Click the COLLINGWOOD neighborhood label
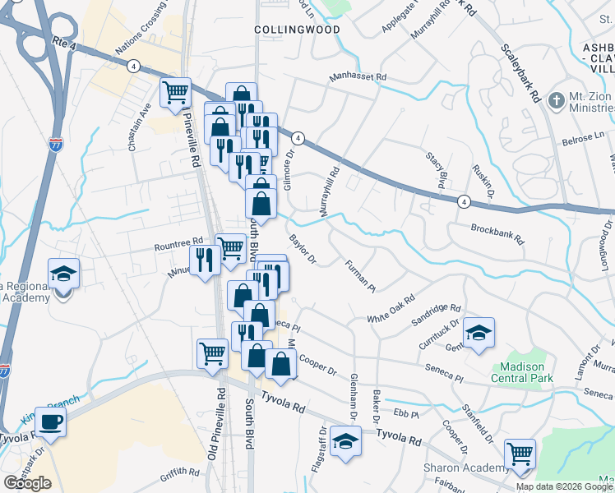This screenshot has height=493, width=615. click(285, 29)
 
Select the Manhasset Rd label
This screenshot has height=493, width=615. click(358, 76)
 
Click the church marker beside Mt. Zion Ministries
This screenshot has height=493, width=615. click(557, 99)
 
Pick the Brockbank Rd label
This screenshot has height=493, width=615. click(497, 233)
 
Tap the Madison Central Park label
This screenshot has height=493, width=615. click(523, 371)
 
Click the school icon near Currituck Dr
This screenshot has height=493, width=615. click(478, 333)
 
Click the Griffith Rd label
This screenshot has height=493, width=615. click(181, 472)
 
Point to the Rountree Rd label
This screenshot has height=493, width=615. click(179, 242)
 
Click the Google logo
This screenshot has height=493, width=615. click(27, 483)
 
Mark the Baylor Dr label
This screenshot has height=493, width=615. click(303, 250)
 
